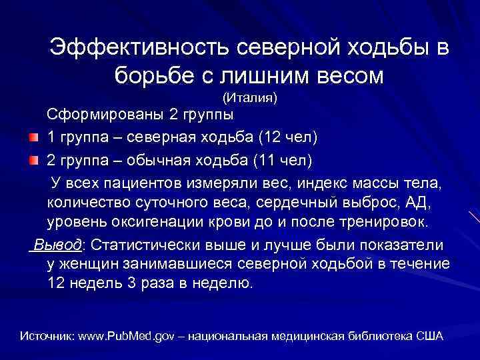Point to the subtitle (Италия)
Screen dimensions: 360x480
249,99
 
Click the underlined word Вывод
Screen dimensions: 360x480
59,245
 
